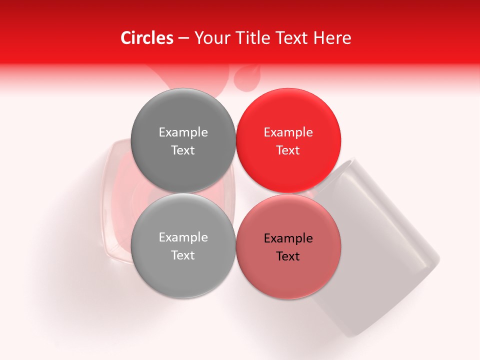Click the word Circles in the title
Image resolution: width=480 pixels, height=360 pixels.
tap(147, 38)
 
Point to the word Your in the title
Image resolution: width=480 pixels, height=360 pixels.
tap(211, 38)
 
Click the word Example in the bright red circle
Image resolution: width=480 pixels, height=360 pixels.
tap(288, 132)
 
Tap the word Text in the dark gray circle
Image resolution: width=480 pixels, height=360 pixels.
tap(183, 150)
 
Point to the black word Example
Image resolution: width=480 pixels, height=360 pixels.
tap(288, 238)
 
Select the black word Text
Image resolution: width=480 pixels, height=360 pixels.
tap(288, 256)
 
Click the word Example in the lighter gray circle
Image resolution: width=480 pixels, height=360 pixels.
tap(183, 237)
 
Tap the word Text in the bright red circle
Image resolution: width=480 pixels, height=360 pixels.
tap(288, 150)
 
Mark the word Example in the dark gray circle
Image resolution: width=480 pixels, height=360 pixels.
tap(183, 132)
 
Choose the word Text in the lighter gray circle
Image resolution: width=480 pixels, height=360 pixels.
tap(183, 255)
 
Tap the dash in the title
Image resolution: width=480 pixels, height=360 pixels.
tap(183, 38)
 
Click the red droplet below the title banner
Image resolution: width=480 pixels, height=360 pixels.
tap(247, 77)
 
